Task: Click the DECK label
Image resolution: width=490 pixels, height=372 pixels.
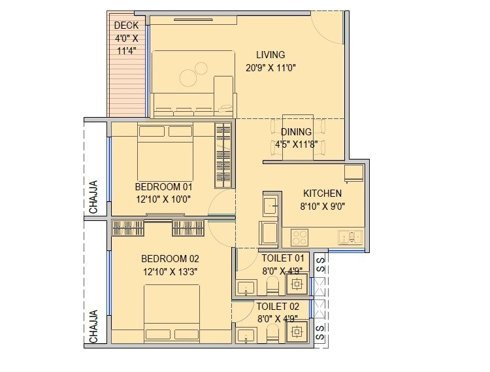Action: tap(126, 25)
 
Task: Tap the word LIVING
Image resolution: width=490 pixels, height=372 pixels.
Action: tap(270, 55)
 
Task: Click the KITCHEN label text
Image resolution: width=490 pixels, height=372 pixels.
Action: tap(322, 194)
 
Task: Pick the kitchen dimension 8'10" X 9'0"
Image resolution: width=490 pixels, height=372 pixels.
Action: tap(322, 206)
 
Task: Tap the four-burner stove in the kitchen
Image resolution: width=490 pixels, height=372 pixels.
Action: tap(300, 237)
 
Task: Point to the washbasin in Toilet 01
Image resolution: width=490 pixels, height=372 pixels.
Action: tap(247, 287)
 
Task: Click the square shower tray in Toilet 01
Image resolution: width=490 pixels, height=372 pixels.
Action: tap(297, 284)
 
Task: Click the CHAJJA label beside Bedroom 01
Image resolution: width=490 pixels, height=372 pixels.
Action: tap(94, 197)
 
